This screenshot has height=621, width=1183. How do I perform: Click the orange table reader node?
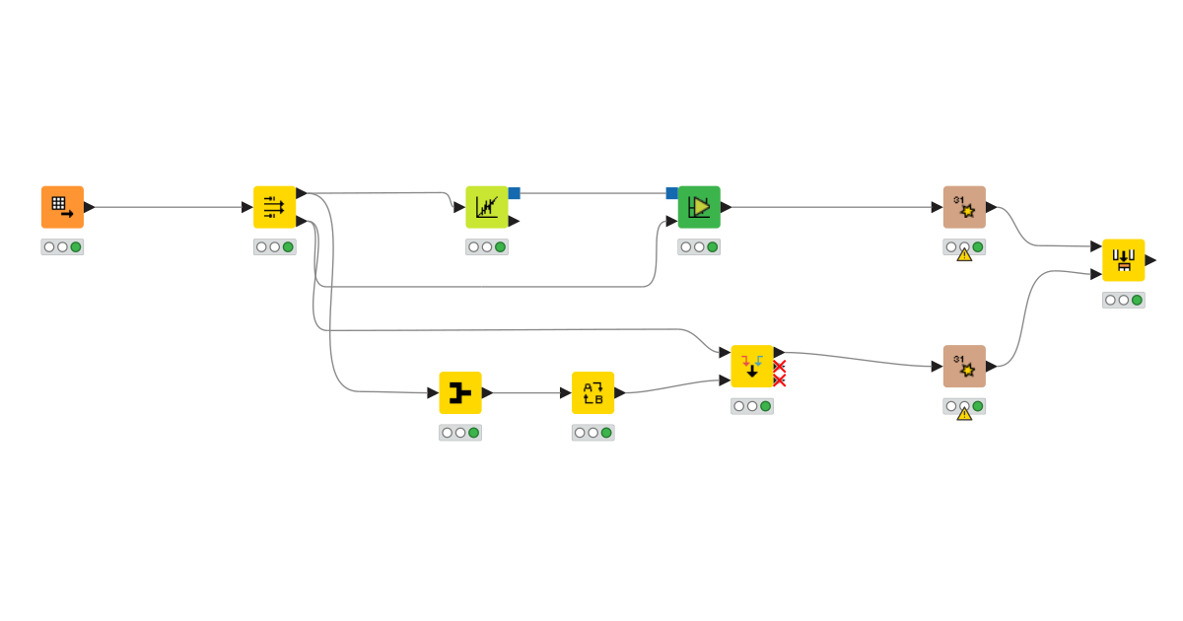pyautogui.click(x=62, y=207)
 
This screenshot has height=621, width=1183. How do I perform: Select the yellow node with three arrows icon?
pyautogui.click(x=274, y=207)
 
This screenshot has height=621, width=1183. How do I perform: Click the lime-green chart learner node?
pyautogui.click(x=486, y=207)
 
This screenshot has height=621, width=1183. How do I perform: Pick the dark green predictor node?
pyautogui.click(x=698, y=207)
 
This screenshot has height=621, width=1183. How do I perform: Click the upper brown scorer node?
pyautogui.click(x=963, y=207)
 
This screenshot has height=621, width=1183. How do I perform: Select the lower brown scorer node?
pyautogui.click(x=963, y=366)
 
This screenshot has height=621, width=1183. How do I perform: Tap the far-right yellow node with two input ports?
pyautogui.click(x=1123, y=260)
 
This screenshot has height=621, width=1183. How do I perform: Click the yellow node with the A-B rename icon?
pyautogui.click(x=592, y=392)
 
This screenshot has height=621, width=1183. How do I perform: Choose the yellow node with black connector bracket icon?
pyautogui.click(x=459, y=392)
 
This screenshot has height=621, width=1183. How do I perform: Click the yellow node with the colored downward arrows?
pyautogui.click(x=751, y=366)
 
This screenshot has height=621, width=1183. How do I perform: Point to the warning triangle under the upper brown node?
pyautogui.click(x=964, y=254)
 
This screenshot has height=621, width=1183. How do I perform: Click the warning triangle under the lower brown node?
pyautogui.click(x=964, y=413)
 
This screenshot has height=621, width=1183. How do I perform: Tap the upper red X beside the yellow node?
pyautogui.click(x=779, y=366)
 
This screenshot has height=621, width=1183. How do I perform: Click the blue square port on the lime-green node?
pyautogui.click(x=514, y=193)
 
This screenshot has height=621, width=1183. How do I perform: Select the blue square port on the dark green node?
pyautogui.click(x=671, y=193)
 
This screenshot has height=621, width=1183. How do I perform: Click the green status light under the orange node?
pyautogui.click(x=76, y=246)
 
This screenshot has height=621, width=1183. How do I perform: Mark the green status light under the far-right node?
pyautogui.click(x=1137, y=300)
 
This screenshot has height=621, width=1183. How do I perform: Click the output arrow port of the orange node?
pyautogui.click(x=89, y=207)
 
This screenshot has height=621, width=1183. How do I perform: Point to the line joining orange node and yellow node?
pyautogui.click(x=168, y=207)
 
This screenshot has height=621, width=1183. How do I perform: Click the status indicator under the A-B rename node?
pyautogui.click(x=592, y=433)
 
